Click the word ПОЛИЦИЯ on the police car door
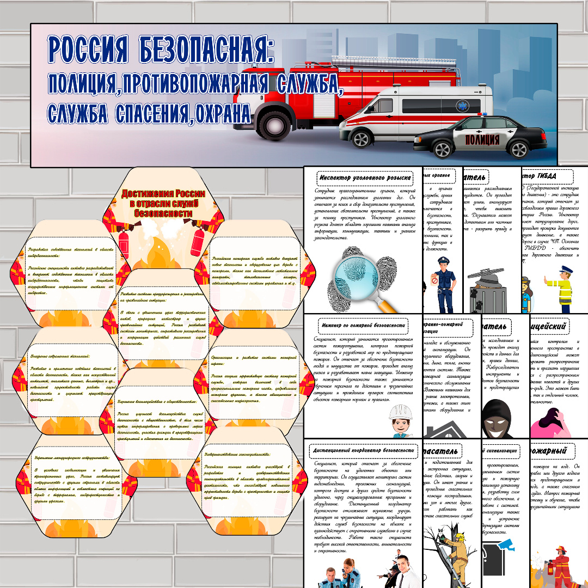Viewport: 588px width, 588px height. (x=482, y=140)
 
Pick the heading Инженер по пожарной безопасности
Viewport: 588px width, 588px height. (x=364, y=326)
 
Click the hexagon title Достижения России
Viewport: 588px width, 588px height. (x=163, y=203)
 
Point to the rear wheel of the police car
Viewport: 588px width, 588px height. (x=519, y=150)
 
